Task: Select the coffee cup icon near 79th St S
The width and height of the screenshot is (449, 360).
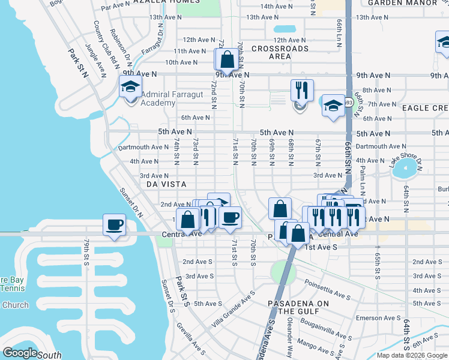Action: point(114,226)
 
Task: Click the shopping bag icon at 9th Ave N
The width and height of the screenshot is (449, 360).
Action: point(227,60)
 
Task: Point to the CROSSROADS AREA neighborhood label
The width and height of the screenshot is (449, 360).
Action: point(280,52)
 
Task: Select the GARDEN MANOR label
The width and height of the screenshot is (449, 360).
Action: point(403,3)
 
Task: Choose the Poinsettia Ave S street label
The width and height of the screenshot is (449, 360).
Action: point(327,287)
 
